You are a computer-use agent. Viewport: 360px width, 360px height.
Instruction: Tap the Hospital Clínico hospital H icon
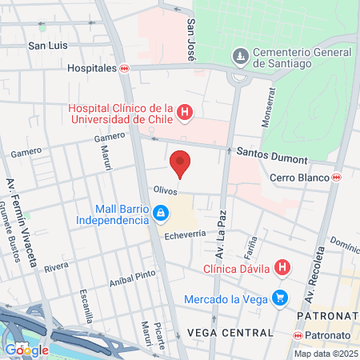(x=185, y=112)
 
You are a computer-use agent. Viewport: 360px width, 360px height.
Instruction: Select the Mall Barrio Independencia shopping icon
(x=161, y=213)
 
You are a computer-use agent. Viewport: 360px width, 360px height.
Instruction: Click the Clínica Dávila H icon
(x=282, y=267)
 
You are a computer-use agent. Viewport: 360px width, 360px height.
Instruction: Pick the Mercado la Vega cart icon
(x=279, y=298)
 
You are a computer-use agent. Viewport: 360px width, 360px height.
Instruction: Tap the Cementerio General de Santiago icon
(x=239, y=56)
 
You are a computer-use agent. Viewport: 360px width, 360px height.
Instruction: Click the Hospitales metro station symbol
(x=124, y=69)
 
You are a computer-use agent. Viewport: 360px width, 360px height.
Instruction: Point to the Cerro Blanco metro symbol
(x=337, y=177)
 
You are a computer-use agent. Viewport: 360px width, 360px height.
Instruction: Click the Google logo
(x=26, y=350)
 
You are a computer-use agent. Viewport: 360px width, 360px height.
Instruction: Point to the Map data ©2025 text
(x=325, y=354)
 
